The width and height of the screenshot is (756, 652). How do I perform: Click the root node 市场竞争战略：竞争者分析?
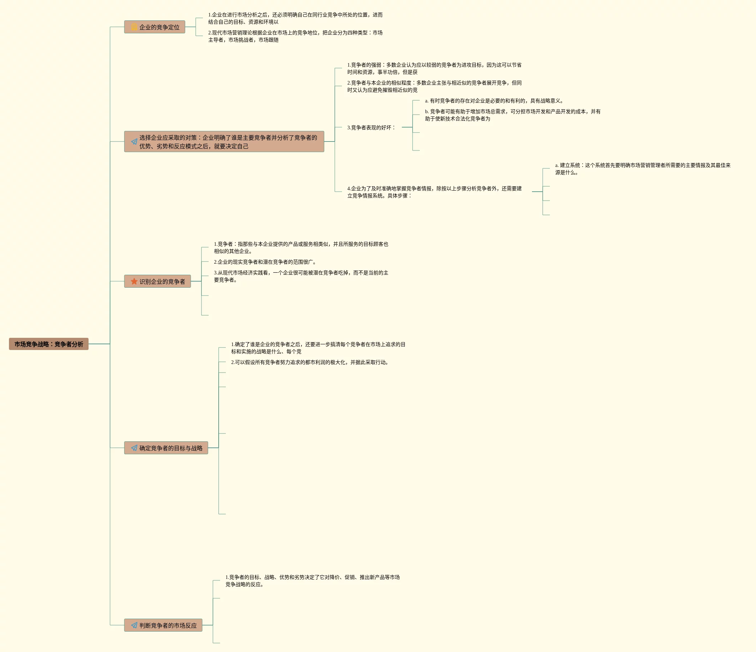(x=48, y=344)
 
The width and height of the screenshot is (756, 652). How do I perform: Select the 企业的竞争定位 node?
(x=155, y=27)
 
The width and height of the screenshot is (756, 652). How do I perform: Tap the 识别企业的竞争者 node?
(x=158, y=281)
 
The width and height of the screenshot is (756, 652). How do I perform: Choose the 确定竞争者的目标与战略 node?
(x=166, y=448)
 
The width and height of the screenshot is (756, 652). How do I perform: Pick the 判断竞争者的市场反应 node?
(x=163, y=625)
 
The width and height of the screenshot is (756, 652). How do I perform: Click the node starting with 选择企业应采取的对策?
(x=224, y=142)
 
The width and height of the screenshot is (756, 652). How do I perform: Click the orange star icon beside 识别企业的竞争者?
(x=134, y=281)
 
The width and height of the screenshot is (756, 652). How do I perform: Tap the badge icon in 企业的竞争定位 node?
(x=134, y=27)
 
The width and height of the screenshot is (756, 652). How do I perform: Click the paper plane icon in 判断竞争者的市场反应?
(x=134, y=625)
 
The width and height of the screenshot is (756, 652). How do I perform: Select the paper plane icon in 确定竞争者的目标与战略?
(x=134, y=448)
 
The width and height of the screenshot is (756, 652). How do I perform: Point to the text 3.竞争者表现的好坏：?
(x=371, y=128)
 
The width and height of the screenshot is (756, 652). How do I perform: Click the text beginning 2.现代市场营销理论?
(x=295, y=36)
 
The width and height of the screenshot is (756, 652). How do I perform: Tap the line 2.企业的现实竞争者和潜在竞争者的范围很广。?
(x=265, y=262)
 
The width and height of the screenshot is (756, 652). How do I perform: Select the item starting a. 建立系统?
(x=642, y=169)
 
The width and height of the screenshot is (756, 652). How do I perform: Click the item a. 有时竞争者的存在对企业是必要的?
(x=494, y=101)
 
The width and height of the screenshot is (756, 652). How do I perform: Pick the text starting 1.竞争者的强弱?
(x=434, y=68)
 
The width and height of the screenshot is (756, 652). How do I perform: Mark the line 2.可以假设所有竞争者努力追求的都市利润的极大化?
(x=310, y=362)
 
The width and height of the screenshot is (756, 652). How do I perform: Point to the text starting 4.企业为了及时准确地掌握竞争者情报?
(x=434, y=192)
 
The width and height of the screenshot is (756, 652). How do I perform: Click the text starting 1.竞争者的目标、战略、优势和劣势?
(x=312, y=580)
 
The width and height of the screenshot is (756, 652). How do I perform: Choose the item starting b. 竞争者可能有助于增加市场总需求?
(x=513, y=115)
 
